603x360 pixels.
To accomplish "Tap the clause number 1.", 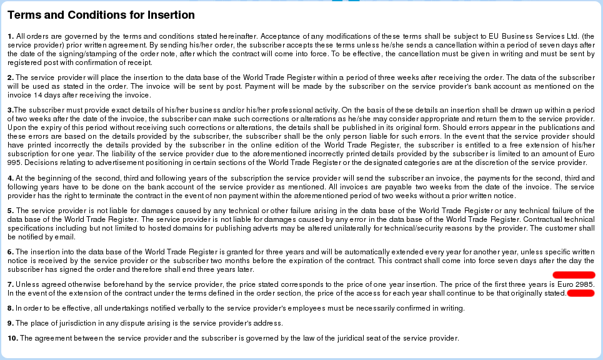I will tap(11, 36).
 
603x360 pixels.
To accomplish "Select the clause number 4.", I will tap(11, 178).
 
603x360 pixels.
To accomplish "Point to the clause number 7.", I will tap(11, 284).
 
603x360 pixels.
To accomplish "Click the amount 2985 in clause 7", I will tap(584, 284).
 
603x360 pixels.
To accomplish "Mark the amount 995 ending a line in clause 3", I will tap(15, 162).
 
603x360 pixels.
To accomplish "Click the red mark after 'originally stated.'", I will tap(580, 293).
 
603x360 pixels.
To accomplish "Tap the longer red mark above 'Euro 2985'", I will tap(574, 274).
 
